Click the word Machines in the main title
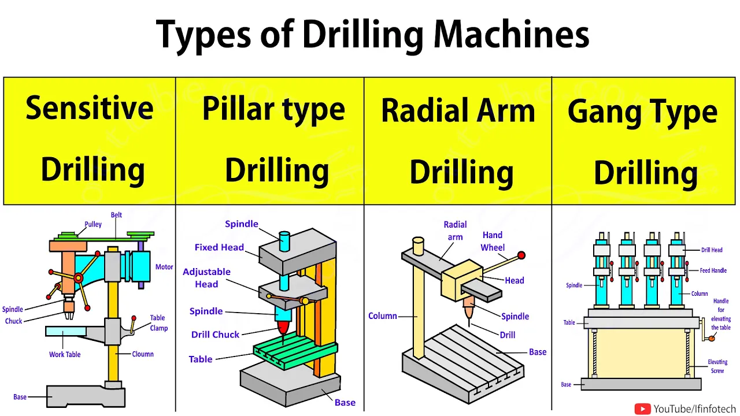pos(511,34)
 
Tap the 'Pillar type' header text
pos(273,110)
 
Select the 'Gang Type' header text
pos(642,112)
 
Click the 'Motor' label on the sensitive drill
pos(164,267)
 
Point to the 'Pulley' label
pos(93,225)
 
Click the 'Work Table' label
pos(65,354)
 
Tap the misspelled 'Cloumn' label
pos(143,354)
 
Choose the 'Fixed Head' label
pos(219,247)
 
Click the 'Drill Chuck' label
pos(215,335)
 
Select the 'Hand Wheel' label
pos(493,242)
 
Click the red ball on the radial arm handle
pos(521,255)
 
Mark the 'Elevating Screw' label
pos(717,366)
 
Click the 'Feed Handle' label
pos(713,270)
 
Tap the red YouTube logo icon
pos(642,409)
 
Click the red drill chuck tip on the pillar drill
pos(283,328)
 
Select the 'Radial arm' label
pos(455,231)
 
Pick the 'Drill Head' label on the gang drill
pos(712,250)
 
